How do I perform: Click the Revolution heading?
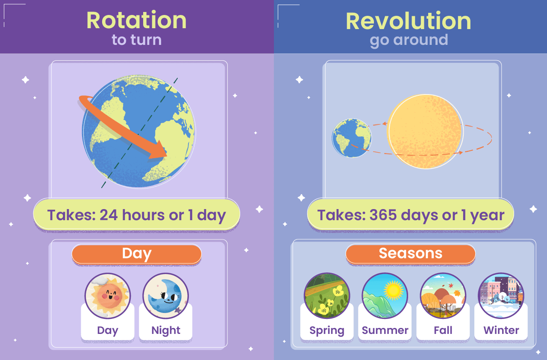(409, 21)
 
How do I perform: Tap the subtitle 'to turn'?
(137, 40)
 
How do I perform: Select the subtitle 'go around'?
(409, 40)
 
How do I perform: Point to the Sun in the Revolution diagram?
(425, 131)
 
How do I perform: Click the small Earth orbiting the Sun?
(352, 138)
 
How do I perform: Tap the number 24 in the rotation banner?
(109, 215)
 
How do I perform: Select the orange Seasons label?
(411, 254)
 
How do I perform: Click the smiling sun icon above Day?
(108, 295)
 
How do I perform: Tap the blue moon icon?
(165, 295)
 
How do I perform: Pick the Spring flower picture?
(327, 295)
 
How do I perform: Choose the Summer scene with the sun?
(385, 295)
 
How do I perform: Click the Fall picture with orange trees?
(443, 295)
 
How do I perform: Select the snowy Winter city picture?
(501, 295)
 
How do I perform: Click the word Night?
(166, 330)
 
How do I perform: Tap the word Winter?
(501, 330)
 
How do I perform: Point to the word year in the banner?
(488, 216)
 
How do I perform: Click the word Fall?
(443, 330)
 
